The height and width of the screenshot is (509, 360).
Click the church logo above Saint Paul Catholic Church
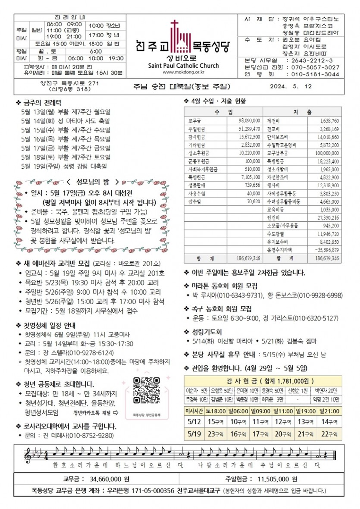pos(180,35)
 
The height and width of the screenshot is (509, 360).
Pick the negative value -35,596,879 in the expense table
pos(326,249)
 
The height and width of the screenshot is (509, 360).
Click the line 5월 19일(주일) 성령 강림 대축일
pos(65,166)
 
